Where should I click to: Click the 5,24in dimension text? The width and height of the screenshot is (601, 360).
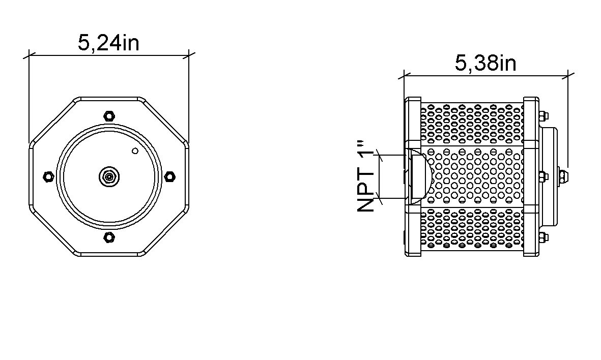(x=108, y=43)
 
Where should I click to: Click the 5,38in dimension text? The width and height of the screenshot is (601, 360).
(x=485, y=63)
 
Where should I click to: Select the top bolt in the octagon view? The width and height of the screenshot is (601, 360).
(x=109, y=115)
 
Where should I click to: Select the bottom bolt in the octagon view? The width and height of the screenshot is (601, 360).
(x=109, y=237)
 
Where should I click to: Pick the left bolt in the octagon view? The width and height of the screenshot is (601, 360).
(x=48, y=176)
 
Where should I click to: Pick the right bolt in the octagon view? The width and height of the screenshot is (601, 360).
(x=170, y=176)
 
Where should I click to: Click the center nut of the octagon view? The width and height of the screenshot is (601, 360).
(x=109, y=176)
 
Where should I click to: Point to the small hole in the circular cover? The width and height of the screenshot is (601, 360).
(x=135, y=151)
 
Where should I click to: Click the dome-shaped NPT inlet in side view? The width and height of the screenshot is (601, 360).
(x=420, y=176)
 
